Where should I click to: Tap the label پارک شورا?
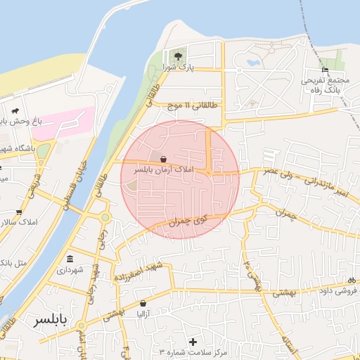(179, 67)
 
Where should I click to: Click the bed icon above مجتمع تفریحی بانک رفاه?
(325, 70)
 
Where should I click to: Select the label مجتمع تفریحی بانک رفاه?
(326, 85)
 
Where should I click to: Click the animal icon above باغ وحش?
(14, 111)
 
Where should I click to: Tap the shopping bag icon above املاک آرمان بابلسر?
(163, 159)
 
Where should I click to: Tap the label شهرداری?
(70, 269)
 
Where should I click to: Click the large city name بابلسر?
(53, 321)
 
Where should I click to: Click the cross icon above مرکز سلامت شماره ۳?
(193, 341)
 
